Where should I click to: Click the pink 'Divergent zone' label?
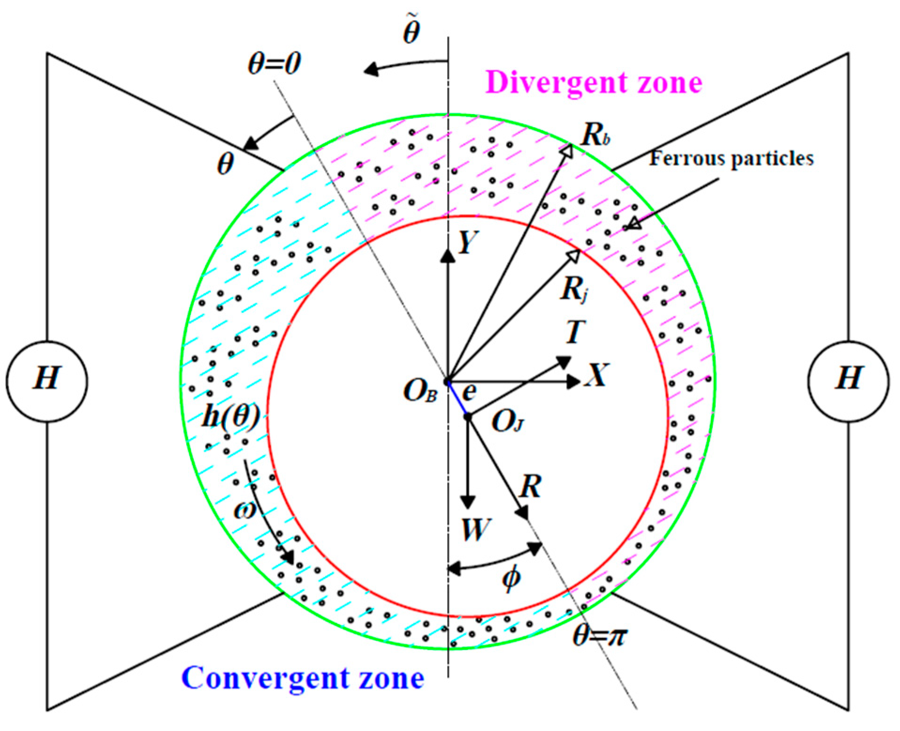click(x=593, y=83)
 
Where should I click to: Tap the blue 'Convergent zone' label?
click(x=303, y=678)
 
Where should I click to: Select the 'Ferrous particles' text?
click(x=731, y=158)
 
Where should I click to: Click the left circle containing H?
click(x=47, y=381)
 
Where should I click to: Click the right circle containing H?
click(x=848, y=381)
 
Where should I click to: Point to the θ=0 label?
click(x=275, y=63)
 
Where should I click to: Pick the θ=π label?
click(x=600, y=636)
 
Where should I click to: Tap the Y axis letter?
click(x=467, y=243)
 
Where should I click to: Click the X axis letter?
click(x=596, y=375)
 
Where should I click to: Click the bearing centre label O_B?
click(x=420, y=392)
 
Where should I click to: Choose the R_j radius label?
click(x=573, y=289)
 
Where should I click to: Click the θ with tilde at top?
click(x=412, y=31)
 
